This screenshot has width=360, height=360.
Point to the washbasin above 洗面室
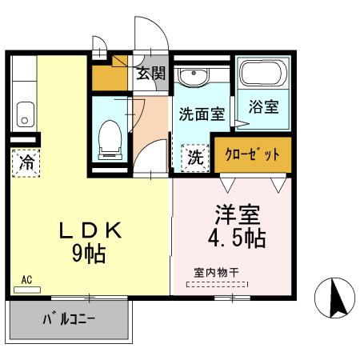192,78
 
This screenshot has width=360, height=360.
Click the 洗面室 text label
202,114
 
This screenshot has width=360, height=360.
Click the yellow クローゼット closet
253,155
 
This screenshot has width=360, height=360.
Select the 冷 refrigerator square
26,163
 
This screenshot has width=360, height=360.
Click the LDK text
90,230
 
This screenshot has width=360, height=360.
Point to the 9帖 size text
90,254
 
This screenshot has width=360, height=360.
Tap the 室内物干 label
217,272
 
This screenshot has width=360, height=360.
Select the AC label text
26,279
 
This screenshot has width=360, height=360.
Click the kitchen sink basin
23,114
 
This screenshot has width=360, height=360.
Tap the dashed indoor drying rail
217,284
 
